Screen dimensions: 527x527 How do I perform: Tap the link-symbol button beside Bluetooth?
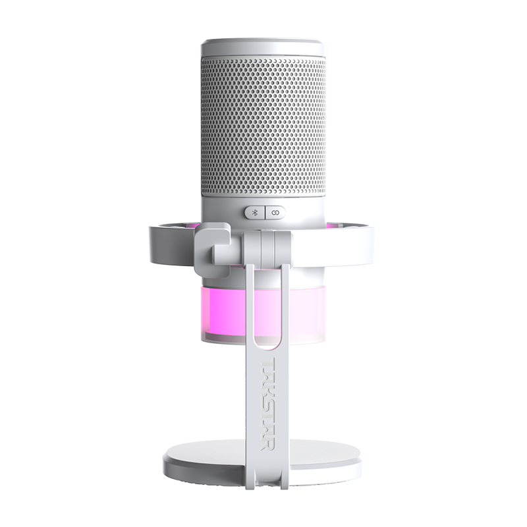(x=275, y=212)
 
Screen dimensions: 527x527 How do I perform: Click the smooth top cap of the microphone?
(x=263, y=47)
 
